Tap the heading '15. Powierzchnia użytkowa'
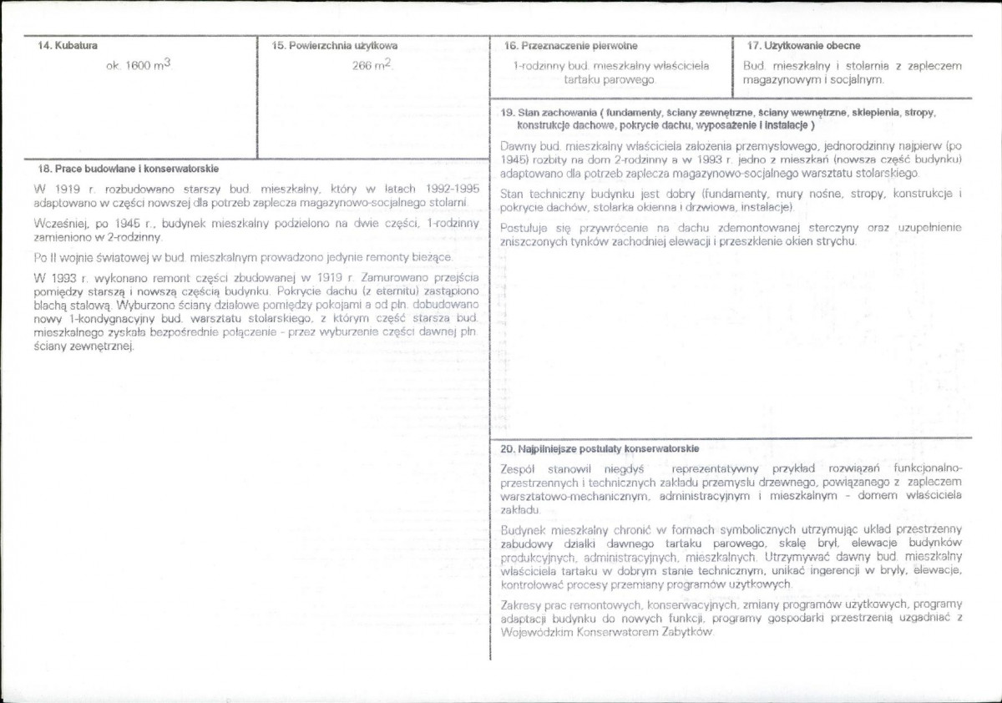[335, 46]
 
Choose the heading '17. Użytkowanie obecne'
[803, 46]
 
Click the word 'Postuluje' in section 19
[525, 227]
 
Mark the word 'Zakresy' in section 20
[522, 604]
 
